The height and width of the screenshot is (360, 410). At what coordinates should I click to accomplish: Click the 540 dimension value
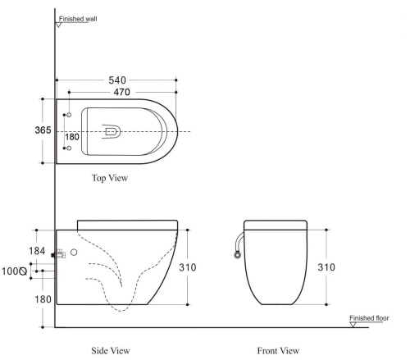click(117, 80)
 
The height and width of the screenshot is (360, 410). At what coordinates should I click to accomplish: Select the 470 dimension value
click(121, 92)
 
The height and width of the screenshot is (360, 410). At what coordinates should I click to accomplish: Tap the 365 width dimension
click(43, 130)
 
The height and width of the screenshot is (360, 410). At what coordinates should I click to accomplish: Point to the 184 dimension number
click(37, 251)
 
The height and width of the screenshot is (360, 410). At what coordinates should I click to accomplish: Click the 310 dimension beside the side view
click(188, 267)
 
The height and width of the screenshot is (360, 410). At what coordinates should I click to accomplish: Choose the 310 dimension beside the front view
click(326, 267)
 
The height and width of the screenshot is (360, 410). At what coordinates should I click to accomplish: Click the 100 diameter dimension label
click(14, 271)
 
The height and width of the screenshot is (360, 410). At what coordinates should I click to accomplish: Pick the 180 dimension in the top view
click(72, 137)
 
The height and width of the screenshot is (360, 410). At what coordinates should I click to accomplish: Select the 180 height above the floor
click(43, 299)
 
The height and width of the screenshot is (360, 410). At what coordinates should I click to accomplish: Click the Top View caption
click(110, 178)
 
